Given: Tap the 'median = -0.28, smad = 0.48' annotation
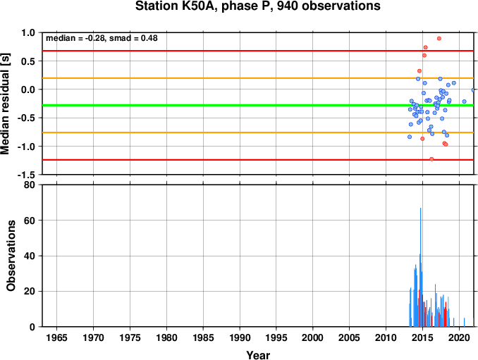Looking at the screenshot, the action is [102, 38].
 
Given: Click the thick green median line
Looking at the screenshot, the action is [258, 105].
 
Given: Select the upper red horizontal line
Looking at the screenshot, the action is [258, 51].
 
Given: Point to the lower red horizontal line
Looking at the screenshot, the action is [258, 160].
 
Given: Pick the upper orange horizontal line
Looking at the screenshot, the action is [258, 78].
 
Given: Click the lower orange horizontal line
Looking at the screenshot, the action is [258, 132].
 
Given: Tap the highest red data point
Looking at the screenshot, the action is [439, 38].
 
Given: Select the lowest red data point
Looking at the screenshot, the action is [431, 159].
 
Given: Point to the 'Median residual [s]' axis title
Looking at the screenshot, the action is [5, 104].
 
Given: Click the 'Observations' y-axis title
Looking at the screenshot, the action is [11, 255].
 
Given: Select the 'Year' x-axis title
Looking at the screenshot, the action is [258, 355].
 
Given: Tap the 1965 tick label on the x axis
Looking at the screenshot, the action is [56, 337].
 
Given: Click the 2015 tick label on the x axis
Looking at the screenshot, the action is [422, 337].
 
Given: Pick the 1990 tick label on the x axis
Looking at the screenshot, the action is [240, 337].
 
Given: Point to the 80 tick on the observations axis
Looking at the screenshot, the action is [30, 185].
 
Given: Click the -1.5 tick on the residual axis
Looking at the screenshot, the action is [26, 175].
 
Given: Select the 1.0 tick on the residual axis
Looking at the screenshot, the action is [28, 32].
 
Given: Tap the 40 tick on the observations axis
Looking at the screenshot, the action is [30, 256].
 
